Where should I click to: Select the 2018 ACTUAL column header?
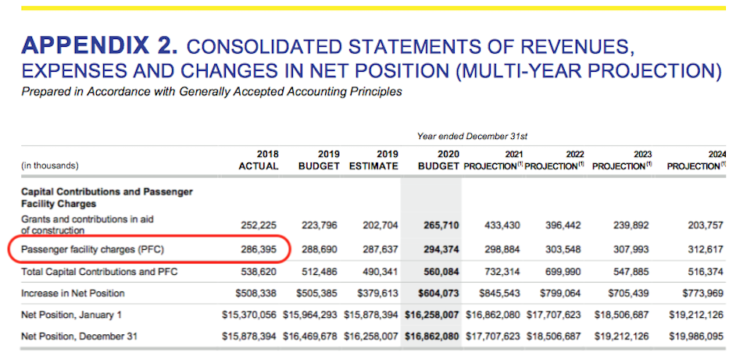click(259, 160)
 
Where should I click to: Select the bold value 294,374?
click(439, 251)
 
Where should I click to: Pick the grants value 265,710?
click(439, 225)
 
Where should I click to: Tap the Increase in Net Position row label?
click(73, 294)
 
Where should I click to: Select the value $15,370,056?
click(249, 315)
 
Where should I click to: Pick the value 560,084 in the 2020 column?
click(439, 273)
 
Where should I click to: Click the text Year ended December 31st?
click(472, 137)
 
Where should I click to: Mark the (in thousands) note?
click(50, 166)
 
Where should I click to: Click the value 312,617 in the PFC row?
click(704, 251)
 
